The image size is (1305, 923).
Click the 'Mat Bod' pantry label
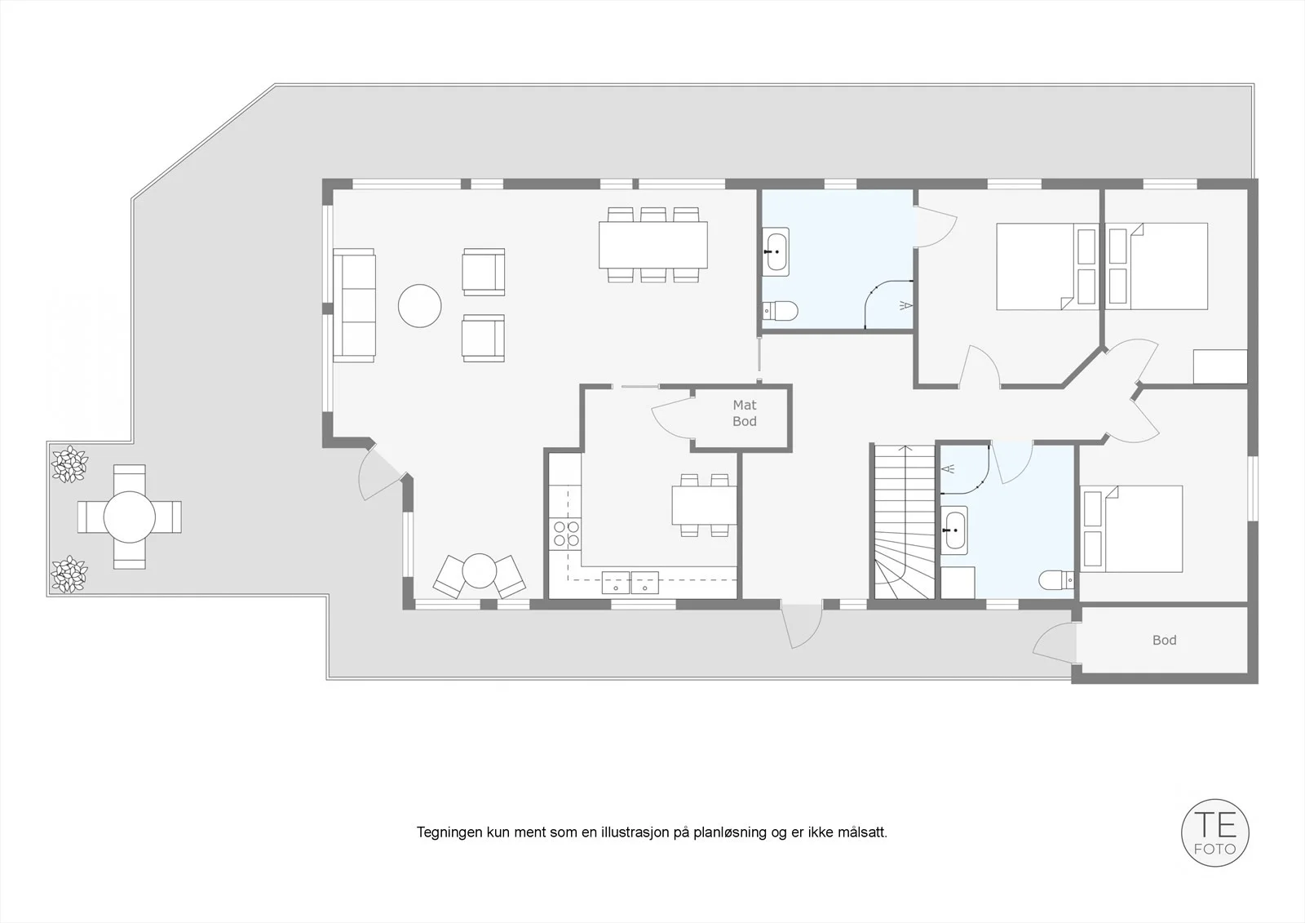click(745, 413)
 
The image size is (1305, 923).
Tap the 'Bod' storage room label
click(1164, 640)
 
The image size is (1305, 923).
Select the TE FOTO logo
click(1214, 832)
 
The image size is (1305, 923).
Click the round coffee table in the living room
click(419, 305)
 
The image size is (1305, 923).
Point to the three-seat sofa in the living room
click(354, 305)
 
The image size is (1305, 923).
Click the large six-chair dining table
click(653, 245)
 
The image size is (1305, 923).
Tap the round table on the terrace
click(130, 517)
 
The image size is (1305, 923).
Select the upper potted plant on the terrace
click(69, 464)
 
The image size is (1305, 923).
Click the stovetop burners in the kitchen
click(566, 534)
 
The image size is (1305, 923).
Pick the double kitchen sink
click(630, 583)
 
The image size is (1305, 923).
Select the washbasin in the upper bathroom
click(776, 251)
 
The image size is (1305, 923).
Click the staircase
click(904, 521)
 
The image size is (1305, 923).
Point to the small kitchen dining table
click(704, 505)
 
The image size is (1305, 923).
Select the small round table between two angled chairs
click(479, 570)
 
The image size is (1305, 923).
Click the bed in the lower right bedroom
click(1132, 529)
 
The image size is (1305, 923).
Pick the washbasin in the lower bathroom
click(953, 530)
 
